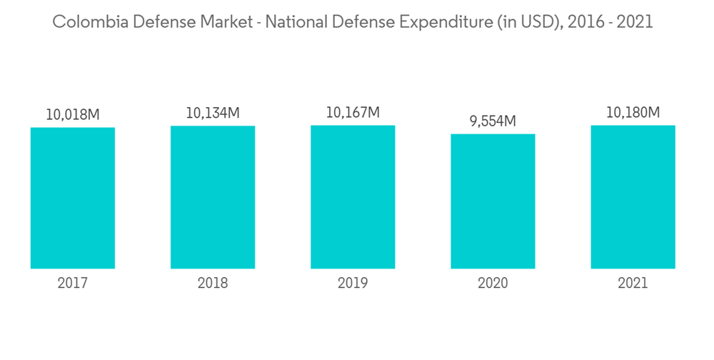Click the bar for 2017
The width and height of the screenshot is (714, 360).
(x=73, y=198)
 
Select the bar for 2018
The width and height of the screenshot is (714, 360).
(x=213, y=197)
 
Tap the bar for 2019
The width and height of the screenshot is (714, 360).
(x=353, y=197)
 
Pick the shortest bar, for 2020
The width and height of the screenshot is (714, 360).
(x=493, y=201)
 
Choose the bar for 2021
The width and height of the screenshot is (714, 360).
(x=633, y=197)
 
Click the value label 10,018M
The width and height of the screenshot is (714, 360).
(x=73, y=114)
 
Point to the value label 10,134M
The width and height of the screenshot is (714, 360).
(x=213, y=113)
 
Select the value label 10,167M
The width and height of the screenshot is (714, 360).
(x=353, y=112)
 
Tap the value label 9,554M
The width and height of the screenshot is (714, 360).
(x=493, y=121)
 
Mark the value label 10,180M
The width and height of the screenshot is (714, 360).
(x=633, y=112)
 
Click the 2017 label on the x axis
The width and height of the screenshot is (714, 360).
(x=73, y=284)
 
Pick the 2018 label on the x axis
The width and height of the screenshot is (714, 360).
(x=213, y=284)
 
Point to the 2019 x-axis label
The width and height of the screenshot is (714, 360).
(x=353, y=284)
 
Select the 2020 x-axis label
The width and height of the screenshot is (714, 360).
(x=493, y=284)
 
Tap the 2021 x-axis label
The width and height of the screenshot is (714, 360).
(x=633, y=284)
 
